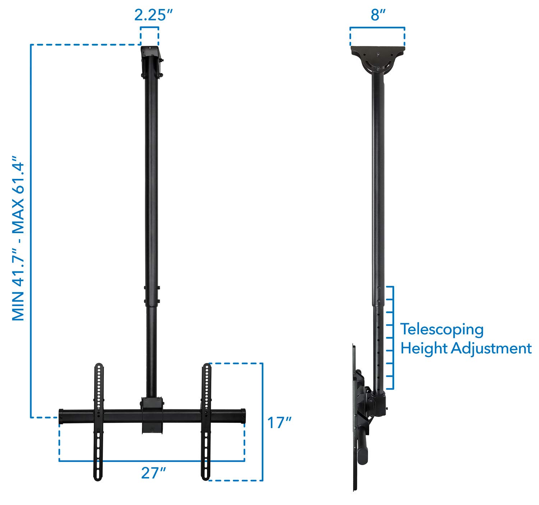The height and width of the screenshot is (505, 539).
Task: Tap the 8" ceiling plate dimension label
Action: point(378,15)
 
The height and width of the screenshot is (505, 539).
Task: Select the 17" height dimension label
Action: point(279,423)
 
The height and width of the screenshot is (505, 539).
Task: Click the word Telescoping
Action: point(442,329)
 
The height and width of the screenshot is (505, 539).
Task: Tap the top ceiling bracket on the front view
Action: point(151,61)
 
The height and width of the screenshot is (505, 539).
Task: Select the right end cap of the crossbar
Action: point(243,416)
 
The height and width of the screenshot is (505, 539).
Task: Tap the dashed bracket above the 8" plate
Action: point(377,28)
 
